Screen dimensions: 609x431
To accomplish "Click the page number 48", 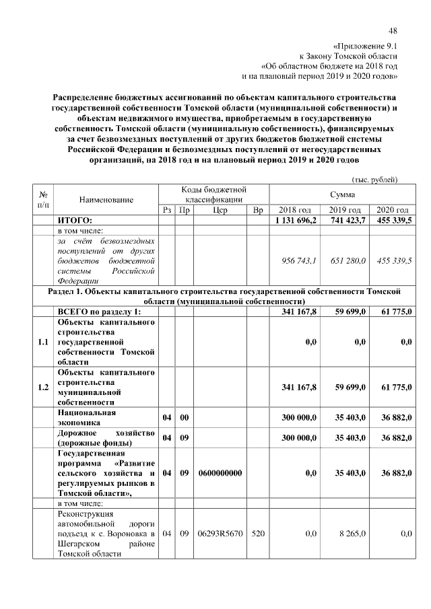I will click(x=393, y=30).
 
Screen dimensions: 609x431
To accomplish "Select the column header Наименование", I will click(x=106, y=200).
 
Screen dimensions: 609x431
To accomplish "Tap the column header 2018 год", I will click(x=295, y=210).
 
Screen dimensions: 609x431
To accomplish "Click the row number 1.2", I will click(x=43, y=386).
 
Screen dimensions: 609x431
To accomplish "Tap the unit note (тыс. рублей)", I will click(x=375, y=179).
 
